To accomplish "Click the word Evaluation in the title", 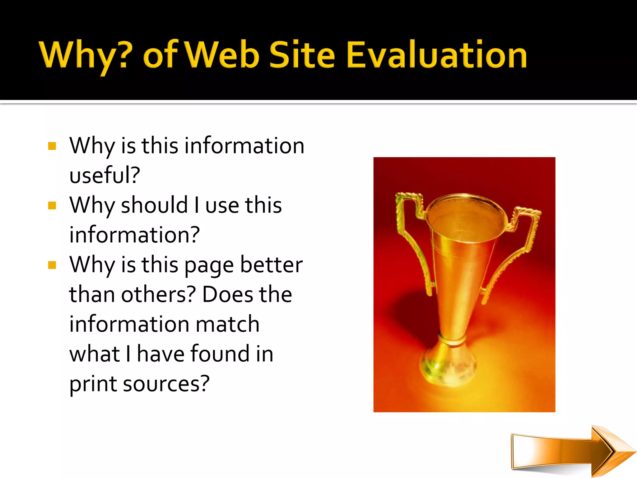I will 436,55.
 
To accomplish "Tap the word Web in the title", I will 223,55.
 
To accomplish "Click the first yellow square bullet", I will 52,146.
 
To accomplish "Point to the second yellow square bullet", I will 52,206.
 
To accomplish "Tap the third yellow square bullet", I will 52,265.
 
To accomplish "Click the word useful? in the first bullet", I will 105,175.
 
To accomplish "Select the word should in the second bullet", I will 154,205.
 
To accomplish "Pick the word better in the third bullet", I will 271,265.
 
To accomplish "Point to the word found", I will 220,354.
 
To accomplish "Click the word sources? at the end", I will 166,384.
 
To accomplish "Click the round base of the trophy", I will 448,370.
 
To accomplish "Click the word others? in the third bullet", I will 158,294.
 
